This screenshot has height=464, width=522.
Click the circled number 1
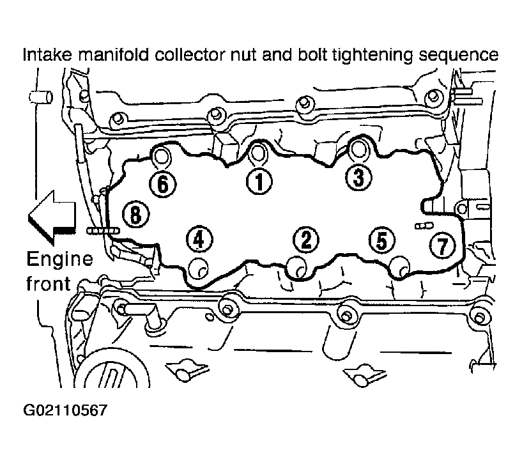click(259, 182)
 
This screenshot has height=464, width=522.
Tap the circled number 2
click(306, 240)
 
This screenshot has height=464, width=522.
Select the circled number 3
click(358, 177)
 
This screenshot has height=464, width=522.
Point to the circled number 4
click(199, 239)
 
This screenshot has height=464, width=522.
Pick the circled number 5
click(382, 240)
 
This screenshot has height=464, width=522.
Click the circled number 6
click(162, 184)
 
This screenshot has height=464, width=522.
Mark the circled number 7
click(442, 245)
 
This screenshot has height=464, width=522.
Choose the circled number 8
click(135, 214)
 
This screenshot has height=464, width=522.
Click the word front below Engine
click(49, 284)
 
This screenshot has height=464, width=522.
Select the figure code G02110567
click(65, 410)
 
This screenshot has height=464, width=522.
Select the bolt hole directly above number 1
click(257, 153)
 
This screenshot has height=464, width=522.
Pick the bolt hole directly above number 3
click(358, 148)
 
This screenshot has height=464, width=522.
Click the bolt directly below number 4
click(199, 268)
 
